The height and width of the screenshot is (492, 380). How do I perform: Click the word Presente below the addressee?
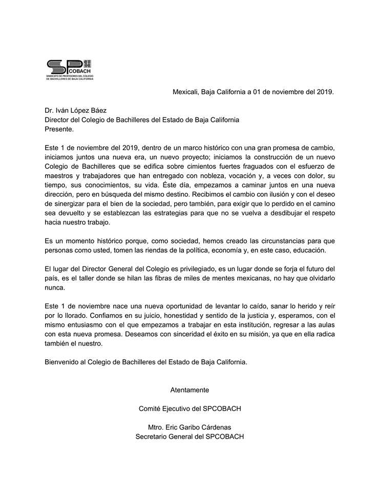point(59,129)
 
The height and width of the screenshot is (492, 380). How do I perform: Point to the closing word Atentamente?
point(189,389)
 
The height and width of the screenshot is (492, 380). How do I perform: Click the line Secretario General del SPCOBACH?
point(189,437)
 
